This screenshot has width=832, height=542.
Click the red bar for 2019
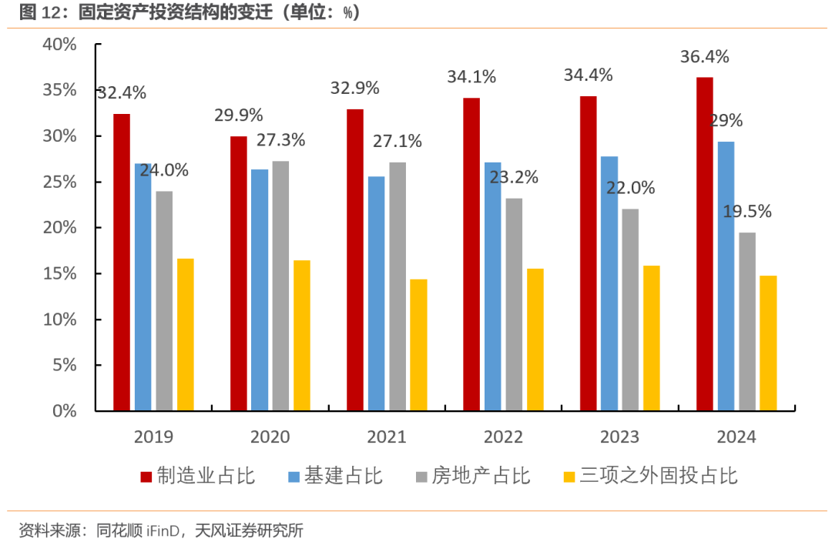click(x=122, y=262)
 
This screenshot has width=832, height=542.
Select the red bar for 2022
click(x=471, y=254)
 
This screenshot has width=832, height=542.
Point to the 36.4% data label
click(x=705, y=57)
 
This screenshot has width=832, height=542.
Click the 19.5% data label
click(x=746, y=212)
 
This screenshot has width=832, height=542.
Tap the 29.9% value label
click(x=238, y=115)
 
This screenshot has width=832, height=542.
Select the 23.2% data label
click(x=513, y=177)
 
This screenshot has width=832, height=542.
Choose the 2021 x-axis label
click(x=387, y=437)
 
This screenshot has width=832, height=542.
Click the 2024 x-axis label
click(x=736, y=437)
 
